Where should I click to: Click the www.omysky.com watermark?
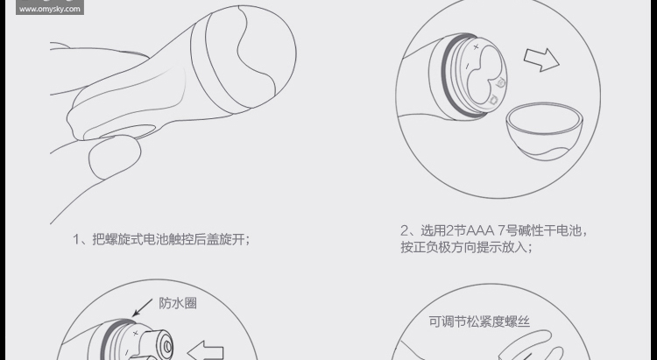tap(49, 9)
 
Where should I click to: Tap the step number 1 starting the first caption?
tap(76, 239)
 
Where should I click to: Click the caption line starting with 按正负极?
tap(466, 247)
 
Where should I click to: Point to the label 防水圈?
tap(178, 303)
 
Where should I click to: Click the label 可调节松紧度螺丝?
tap(479, 321)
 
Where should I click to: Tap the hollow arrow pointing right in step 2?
tap(541, 60)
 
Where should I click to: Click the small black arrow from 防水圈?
tap(143, 307)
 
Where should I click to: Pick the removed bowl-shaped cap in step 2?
tap(544, 131)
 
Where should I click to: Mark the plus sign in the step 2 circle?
tap(476, 47)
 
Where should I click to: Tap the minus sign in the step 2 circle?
tap(468, 66)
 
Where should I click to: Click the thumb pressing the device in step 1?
tap(115, 156)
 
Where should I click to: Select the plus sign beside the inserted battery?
tap(135, 333)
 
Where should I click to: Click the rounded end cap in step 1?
tap(244, 60)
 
